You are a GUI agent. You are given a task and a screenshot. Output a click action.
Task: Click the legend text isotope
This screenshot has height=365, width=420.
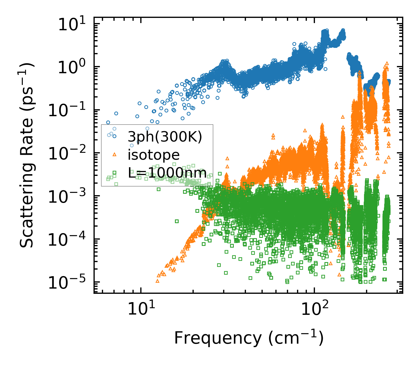tap(154, 155)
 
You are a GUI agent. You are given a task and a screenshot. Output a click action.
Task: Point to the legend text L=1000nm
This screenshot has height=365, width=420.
tap(167, 173)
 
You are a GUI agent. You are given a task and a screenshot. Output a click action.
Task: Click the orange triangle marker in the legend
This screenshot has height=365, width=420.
tap(114, 155)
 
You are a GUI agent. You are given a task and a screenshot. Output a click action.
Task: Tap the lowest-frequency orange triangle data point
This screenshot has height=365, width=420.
tap(157, 281)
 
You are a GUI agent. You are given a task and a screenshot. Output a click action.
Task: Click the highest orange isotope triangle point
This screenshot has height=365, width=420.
tap(387, 63)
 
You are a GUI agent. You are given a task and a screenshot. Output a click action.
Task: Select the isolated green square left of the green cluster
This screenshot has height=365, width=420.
tap(177, 221)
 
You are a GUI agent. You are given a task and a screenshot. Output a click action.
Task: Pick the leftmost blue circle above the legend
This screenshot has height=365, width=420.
tap(108, 123)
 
